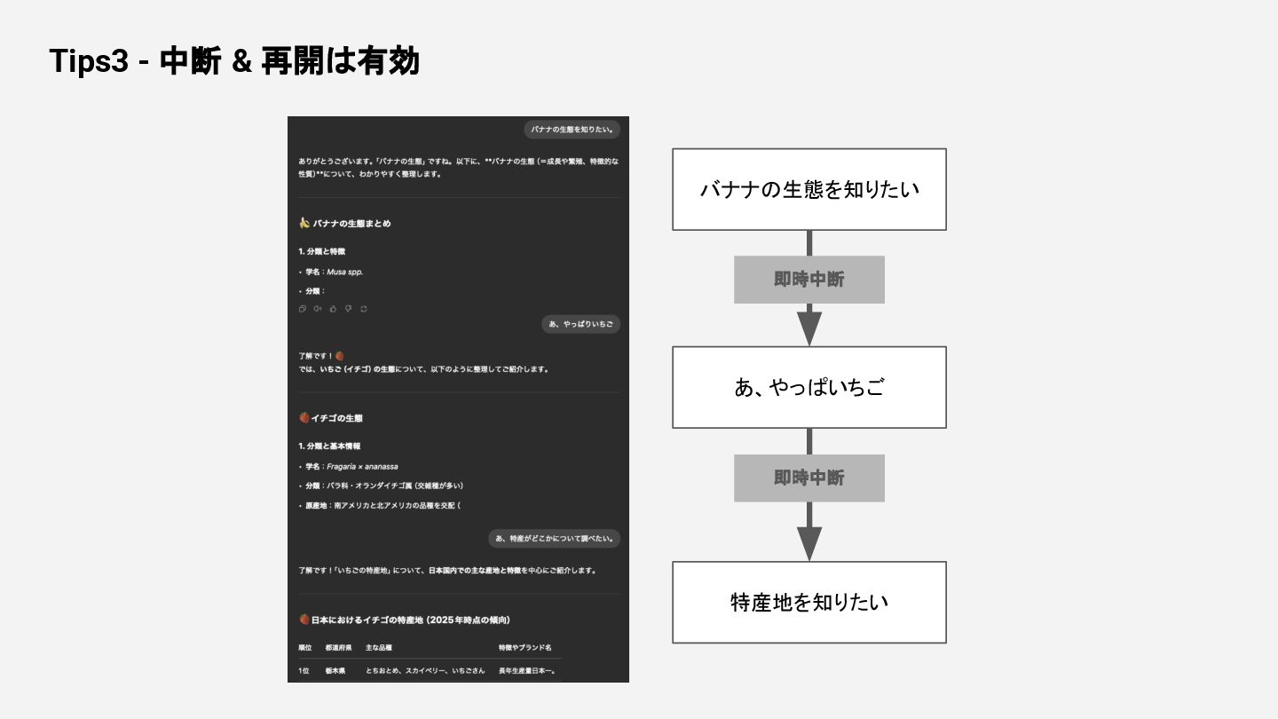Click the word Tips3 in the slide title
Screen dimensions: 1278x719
coord(89,62)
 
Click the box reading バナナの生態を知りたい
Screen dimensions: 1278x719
coord(809,189)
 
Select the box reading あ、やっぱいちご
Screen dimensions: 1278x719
coord(809,387)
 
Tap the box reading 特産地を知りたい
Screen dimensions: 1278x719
coord(809,602)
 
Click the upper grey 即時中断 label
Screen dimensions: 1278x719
coord(809,280)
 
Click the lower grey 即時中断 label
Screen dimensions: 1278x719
coord(809,478)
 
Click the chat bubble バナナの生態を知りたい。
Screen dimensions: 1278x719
coord(572,130)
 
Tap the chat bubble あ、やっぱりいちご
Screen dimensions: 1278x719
coord(580,324)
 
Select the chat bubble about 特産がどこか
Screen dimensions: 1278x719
coord(554,538)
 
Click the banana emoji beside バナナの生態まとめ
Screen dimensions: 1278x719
coord(304,223)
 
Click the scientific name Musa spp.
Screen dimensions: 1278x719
coord(344,272)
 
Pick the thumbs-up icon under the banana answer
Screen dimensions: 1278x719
coord(333,309)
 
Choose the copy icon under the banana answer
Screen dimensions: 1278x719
coord(303,309)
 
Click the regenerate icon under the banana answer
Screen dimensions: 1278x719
coord(363,309)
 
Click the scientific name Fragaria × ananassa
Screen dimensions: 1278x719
coord(361,466)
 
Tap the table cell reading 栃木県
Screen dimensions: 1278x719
coord(335,671)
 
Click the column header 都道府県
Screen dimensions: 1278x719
coord(339,648)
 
